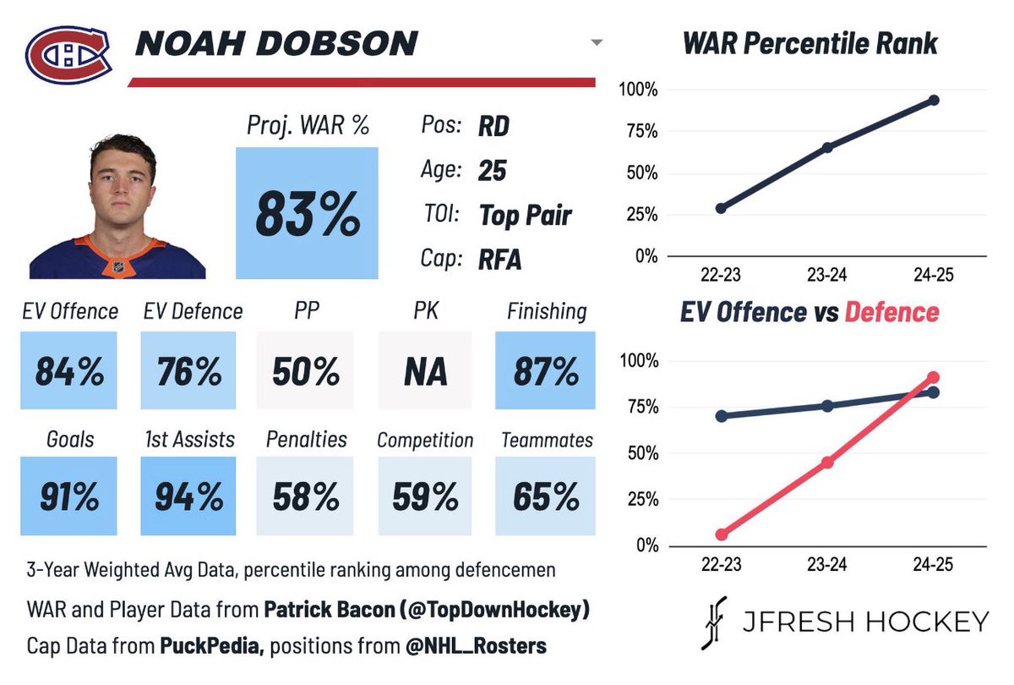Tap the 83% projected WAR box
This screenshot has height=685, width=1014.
(307, 213)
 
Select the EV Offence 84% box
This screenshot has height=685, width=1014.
(69, 371)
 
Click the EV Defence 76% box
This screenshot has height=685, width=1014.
(188, 371)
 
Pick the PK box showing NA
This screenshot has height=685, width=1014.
(425, 371)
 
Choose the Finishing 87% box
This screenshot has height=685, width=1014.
(545, 371)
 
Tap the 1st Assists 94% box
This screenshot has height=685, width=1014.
(188, 496)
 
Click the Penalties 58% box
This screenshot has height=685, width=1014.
(306, 496)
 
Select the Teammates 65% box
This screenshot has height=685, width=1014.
(545, 496)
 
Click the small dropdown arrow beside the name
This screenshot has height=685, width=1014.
(597, 42)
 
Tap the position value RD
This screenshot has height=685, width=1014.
(493, 127)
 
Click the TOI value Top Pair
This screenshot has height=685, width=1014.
(525, 215)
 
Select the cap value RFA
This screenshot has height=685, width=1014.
(499, 260)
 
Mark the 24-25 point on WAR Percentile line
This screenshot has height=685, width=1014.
(934, 100)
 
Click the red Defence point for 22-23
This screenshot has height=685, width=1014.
(721, 534)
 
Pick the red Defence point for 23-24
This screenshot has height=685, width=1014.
(827, 463)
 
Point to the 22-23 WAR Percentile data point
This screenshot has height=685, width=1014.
(721, 208)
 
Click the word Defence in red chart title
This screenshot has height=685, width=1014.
(891, 311)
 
